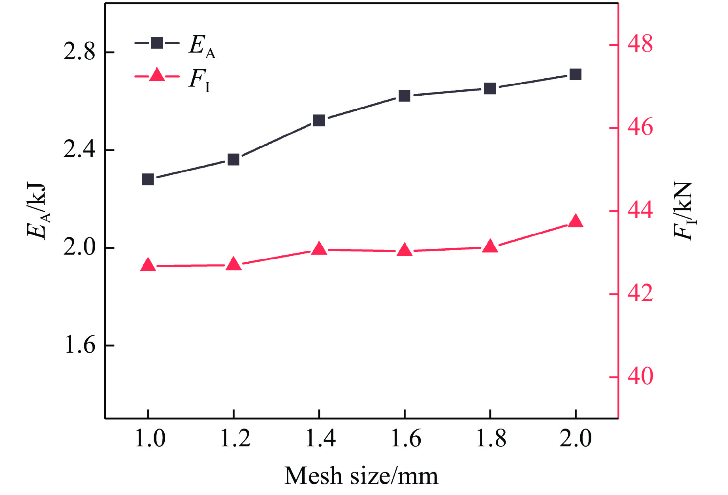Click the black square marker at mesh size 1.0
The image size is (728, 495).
coord(148,179)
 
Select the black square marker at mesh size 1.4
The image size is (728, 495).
coord(319,120)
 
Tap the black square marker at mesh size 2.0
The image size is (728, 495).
coord(576,74)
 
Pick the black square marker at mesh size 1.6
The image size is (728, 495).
coord(404,96)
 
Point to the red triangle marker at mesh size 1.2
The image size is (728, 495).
coord(233,264)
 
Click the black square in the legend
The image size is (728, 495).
coord(157,43)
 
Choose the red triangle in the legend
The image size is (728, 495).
coord(157,75)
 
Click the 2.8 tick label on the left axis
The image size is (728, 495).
coord(79,52)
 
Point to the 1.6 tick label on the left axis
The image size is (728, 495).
coord(79,345)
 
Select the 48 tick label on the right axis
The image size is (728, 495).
coord(640,44)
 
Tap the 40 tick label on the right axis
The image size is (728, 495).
coord(640,376)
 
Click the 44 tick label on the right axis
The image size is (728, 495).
coord(640,211)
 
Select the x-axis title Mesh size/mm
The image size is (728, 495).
coord(361,476)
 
